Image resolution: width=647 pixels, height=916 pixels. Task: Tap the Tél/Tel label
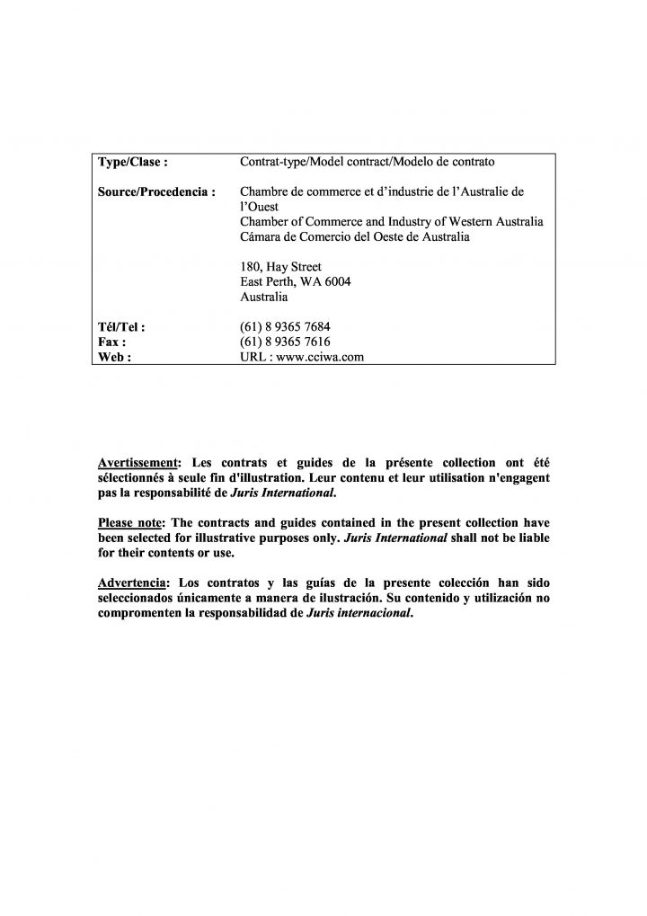[x=120, y=327]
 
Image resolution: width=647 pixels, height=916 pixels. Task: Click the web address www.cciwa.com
[x=319, y=357]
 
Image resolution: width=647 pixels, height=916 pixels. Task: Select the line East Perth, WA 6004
[x=296, y=281]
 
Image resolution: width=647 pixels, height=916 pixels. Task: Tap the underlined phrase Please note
[x=131, y=522]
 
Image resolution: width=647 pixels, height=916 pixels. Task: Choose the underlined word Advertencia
[x=132, y=582]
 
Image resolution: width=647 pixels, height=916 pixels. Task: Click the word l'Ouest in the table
[x=260, y=207]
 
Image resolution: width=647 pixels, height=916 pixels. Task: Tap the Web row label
[x=113, y=357]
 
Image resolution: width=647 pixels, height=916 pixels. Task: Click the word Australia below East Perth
[x=265, y=296]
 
